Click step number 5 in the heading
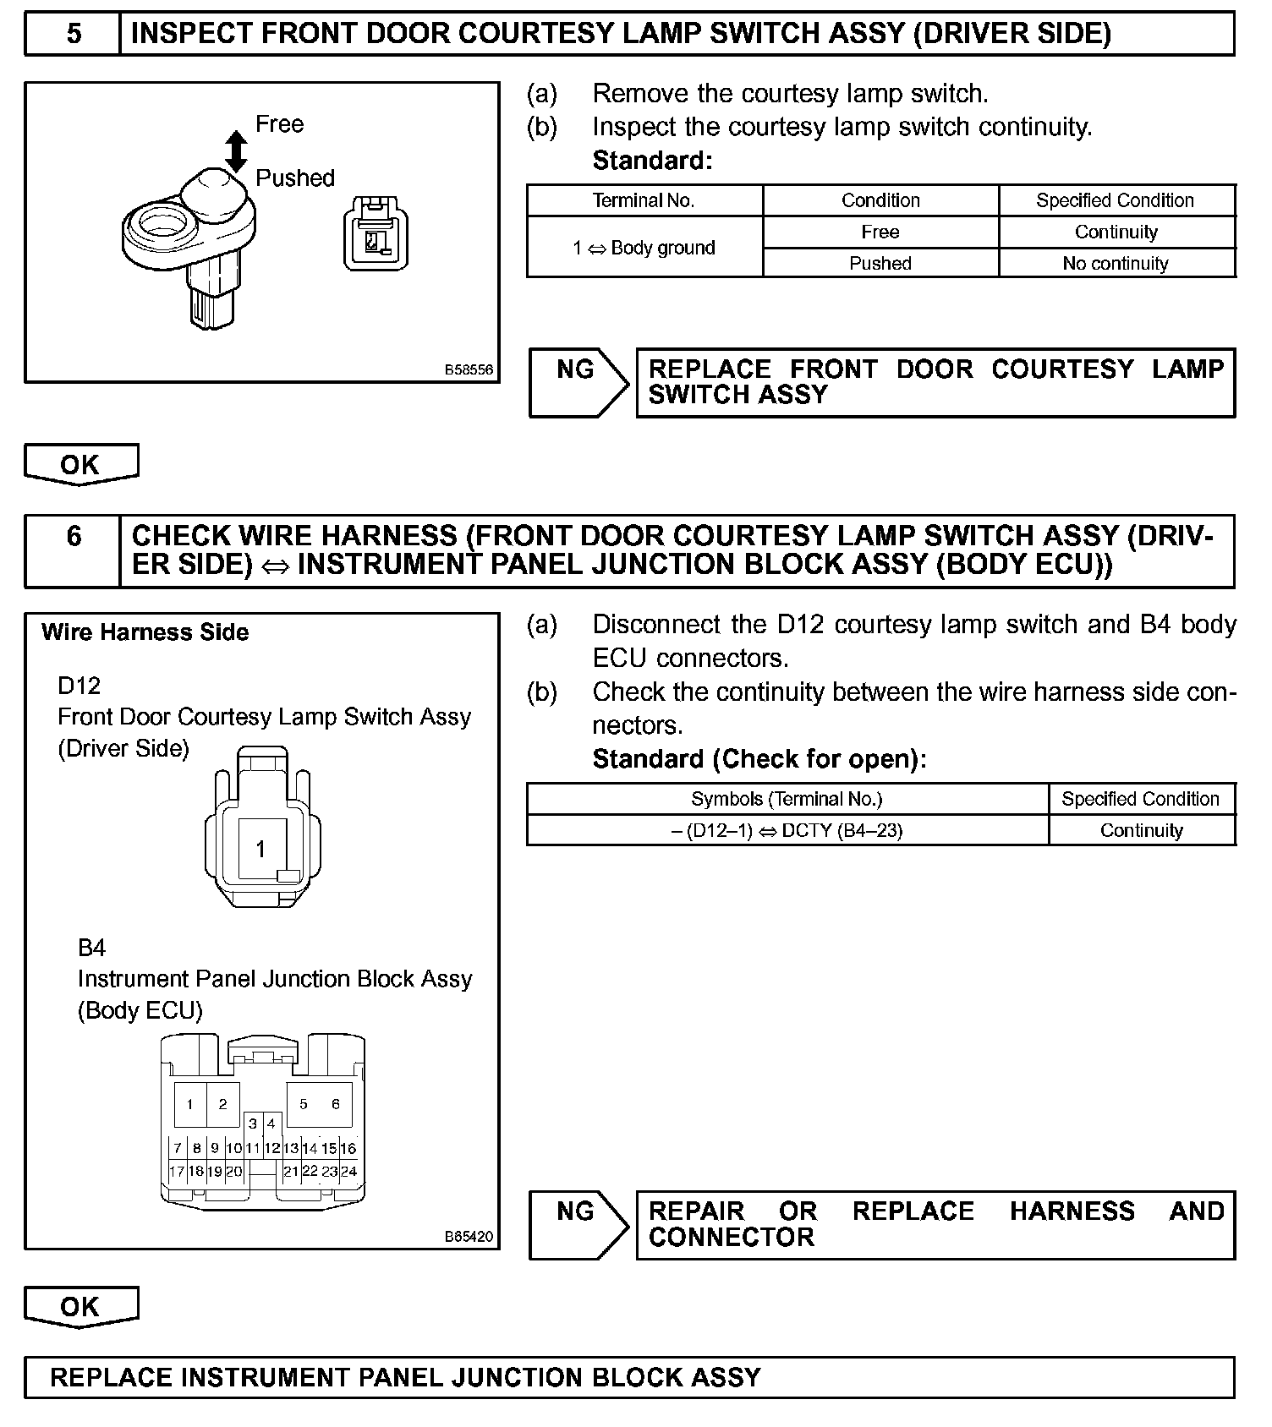click(x=74, y=34)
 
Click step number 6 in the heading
click(x=74, y=536)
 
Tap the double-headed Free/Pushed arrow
click(x=237, y=150)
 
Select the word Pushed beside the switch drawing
click(x=295, y=178)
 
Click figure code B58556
click(x=469, y=370)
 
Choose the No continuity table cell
click(x=1116, y=264)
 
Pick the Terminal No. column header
click(x=644, y=200)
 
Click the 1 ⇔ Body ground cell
click(x=644, y=248)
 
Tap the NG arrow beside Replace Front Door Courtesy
click(x=578, y=382)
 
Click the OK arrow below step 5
click(x=80, y=464)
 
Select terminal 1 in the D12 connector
click(x=261, y=848)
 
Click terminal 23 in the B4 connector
click(x=330, y=1172)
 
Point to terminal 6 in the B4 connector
click(x=336, y=1104)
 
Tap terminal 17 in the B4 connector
click(x=177, y=1172)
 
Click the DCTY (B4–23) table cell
click(x=787, y=831)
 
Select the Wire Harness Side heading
click(x=145, y=632)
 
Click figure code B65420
click(x=469, y=1237)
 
